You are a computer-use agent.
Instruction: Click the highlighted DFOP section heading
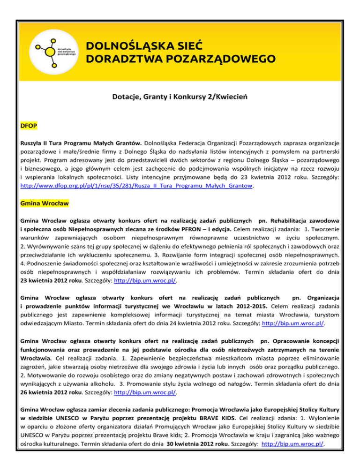click(29, 127)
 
